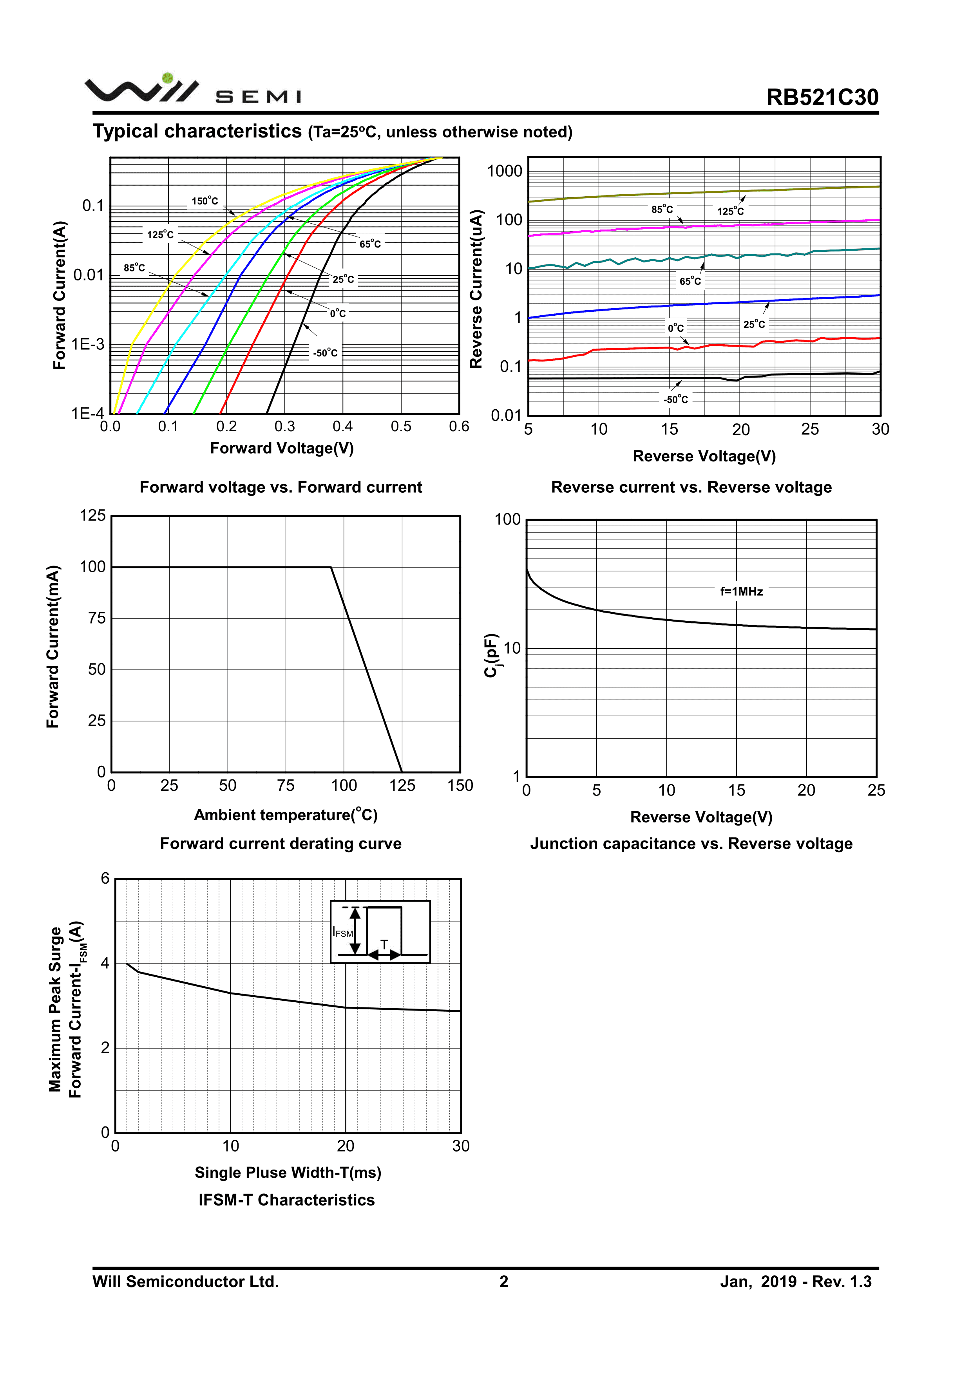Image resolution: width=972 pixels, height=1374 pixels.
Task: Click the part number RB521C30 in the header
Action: point(822,97)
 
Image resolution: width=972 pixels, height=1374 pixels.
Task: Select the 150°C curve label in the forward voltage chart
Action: point(205,201)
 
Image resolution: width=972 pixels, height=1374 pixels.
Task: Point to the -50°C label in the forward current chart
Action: point(325,353)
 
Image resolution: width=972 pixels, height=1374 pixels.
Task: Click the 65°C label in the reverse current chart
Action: point(690,281)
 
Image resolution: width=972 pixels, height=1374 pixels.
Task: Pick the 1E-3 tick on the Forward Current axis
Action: point(88,344)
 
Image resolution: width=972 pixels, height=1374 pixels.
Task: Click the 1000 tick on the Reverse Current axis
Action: point(505,171)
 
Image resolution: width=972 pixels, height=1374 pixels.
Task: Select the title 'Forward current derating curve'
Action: point(281,843)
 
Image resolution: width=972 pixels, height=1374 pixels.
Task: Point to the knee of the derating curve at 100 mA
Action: point(331,567)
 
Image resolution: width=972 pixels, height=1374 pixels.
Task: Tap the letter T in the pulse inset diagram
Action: point(384,944)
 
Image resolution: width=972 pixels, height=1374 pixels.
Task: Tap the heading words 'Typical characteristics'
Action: point(197,131)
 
